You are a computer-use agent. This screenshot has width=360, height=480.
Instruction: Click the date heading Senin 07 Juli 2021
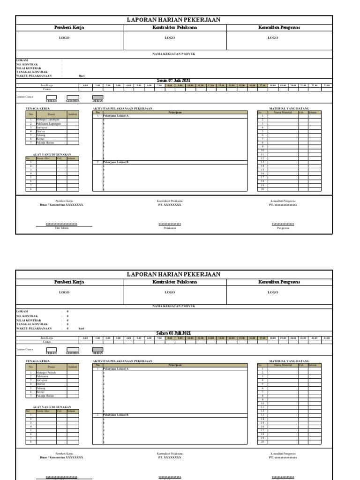click(174, 81)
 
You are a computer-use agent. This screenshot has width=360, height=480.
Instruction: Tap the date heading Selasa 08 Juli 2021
click(174, 333)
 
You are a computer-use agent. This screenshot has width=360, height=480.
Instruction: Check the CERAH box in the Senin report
click(51, 97)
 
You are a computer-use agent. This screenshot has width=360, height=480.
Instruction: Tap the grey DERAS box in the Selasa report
click(97, 349)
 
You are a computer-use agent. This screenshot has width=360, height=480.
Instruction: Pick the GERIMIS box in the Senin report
click(73, 97)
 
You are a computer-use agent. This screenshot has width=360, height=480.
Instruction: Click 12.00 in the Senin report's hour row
click(211, 85)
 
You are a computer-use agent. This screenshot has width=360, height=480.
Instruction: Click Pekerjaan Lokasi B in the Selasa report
click(116, 415)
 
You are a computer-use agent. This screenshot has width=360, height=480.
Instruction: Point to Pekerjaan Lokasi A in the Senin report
click(116, 116)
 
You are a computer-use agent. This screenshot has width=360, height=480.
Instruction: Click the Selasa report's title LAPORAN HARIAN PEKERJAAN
click(174, 274)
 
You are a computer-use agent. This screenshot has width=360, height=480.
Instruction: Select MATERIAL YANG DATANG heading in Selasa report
click(289, 361)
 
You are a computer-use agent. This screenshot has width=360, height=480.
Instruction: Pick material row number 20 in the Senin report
click(262, 189)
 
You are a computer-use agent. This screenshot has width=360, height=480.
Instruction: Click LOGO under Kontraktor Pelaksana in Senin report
click(170, 37)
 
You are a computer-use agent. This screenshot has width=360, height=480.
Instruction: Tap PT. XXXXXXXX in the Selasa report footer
click(170, 457)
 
